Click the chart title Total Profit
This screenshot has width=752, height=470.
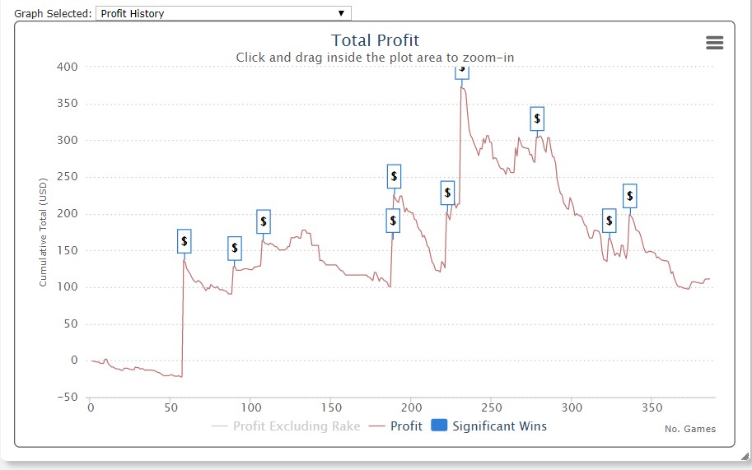(375, 40)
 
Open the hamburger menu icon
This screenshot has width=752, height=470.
(714, 44)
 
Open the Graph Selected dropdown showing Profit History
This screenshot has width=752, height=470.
(223, 13)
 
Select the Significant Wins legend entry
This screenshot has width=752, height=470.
(488, 426)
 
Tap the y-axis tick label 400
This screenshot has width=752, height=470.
(68, 67)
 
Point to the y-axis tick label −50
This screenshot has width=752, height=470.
(66, 398)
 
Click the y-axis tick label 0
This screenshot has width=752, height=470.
(74, 361)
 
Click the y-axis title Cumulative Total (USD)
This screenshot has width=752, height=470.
(44, 233)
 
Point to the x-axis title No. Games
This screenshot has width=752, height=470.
(689, 429)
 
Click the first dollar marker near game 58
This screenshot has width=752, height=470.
(184, 241)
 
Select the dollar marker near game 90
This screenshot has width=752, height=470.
(235, 248)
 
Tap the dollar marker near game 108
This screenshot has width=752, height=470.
(263, 221)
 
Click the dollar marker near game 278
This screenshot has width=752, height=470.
(537, 119)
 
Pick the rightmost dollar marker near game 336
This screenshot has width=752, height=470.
(630, 196)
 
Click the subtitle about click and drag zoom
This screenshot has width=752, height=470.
(375, 57)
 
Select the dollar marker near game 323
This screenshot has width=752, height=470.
(610, 221)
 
